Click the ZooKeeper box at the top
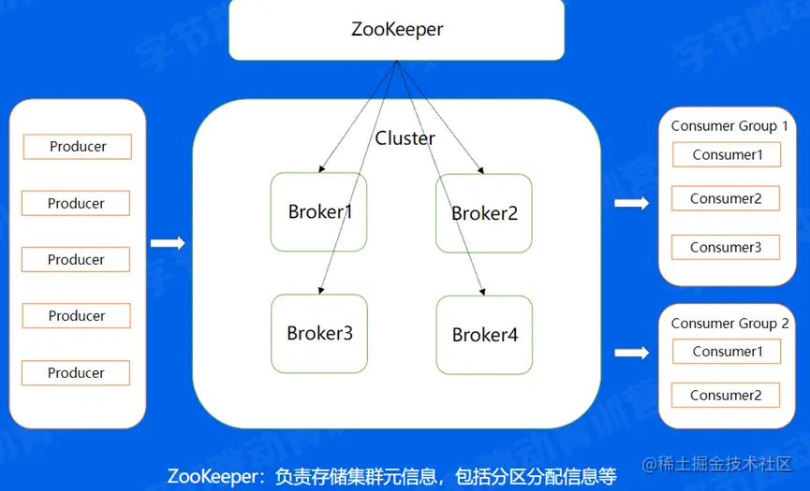tap(397, 29)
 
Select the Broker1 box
tap(319, 212)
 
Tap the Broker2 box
tap(484, 213)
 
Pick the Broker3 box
tap(319, 333)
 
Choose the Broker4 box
tap(484, 334)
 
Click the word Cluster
tap(405, 138)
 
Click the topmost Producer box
tap(78, 147)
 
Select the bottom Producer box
tap(76, 373)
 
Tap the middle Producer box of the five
tap(76, 260)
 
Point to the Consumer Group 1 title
tap(729, 125)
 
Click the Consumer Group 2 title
tap(729, 323)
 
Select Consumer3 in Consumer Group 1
tap(726, 248)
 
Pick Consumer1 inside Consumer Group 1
tap(728, 154)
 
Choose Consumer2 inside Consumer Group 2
tap(726, 395)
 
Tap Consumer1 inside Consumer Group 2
tap(728, 352)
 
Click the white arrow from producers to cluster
tap(168, 243)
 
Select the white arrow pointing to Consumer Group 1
tap(631, 203)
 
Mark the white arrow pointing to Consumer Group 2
tap(631, 353)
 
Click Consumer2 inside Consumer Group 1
tap(726, 198)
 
